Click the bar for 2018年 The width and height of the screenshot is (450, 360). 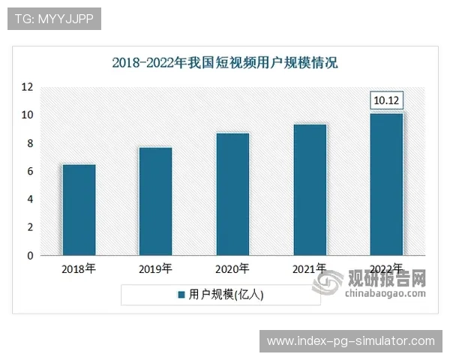coord(79,210)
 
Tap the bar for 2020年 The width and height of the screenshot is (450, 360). coord(232,194)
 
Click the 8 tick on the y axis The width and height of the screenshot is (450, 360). coord(29,143)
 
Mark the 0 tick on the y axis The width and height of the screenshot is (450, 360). coord(29,256)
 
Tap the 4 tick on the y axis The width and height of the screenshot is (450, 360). coord(29,199)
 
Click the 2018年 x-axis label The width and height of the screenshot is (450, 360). coord(79,268)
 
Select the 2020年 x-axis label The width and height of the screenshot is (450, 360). coord(232,268)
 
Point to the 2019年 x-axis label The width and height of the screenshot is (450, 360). coord(155,268)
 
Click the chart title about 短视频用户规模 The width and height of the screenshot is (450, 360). coord(225,63)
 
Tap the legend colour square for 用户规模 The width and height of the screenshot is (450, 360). coord(181,295)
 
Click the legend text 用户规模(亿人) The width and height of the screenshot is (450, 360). coord(225,295)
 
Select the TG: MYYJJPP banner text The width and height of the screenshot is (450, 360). coord(53,19)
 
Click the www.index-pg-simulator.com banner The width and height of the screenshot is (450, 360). coord(350,341)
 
